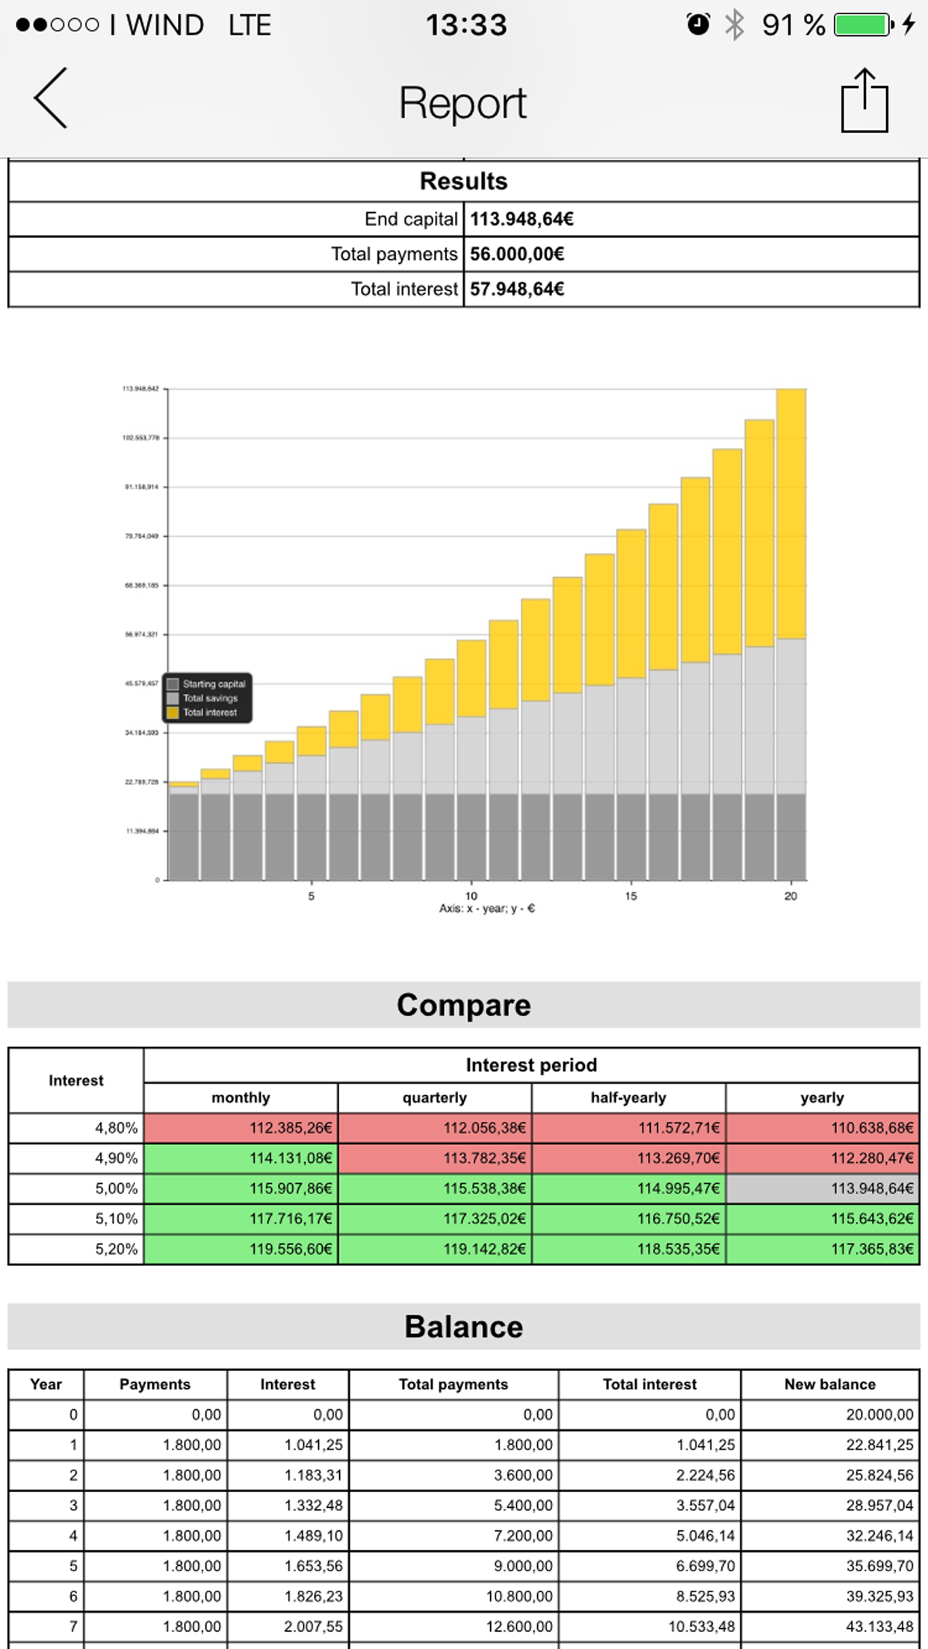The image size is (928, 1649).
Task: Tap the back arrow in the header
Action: (x=51, y=98)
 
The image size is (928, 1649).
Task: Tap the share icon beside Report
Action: (x=864, y=101)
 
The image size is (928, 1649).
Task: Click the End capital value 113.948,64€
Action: (x=522, y=219)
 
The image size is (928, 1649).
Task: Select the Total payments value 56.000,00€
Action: (x=517, y=254)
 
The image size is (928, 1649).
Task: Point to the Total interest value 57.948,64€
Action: (x=517, y=289)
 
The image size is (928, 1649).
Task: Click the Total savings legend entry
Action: (x=209, y=698)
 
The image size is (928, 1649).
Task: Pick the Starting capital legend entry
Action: (x=213, y=684)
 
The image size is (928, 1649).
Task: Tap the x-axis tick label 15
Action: (x=631, y=896)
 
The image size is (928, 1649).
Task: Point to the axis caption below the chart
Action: (x=487, y=909)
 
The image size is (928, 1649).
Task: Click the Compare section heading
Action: (x=463, y=1005)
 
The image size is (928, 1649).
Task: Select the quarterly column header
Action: (x=434, y=1098)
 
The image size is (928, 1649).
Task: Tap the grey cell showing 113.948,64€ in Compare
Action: (x=823, y=1188)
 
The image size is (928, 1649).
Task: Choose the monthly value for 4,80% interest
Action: (x=241, y=1128)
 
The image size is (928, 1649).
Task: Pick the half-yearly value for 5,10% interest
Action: (x=628, y=1219)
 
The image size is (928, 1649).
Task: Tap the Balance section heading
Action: (x=463, y=1327)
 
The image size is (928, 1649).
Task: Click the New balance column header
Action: (x=829, y=1384)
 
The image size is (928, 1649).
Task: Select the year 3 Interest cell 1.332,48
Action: (x=288, y=1505)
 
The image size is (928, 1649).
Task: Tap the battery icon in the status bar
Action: (x=864, y=25)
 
